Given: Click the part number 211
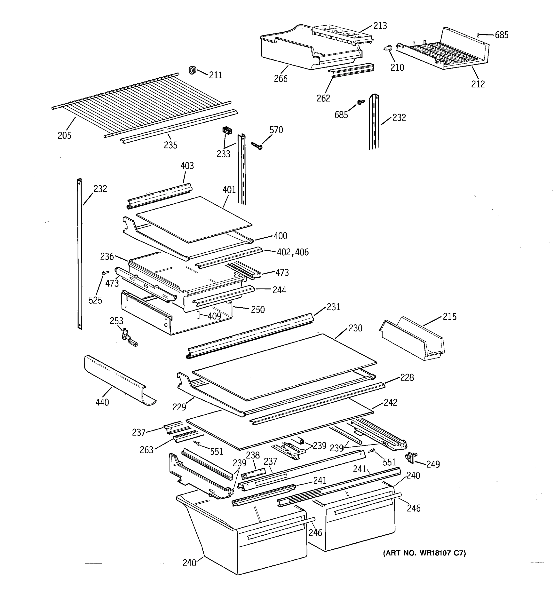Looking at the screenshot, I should point(215,75).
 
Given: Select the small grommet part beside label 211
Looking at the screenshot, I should point(192,70).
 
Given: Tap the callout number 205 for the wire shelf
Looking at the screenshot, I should point(65,136).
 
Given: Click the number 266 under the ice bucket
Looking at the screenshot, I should point(280,79).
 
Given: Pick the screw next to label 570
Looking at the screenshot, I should point(256,145).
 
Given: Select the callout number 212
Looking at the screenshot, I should point(478,84).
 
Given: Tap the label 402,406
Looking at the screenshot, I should point(293,252).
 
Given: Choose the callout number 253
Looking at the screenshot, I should point(116,321).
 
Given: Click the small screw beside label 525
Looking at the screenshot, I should point(105,272).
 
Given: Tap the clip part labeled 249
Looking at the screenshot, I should point(411,457).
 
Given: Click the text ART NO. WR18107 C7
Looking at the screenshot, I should point(424,553).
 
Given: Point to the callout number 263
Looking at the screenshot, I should point(147,450).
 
